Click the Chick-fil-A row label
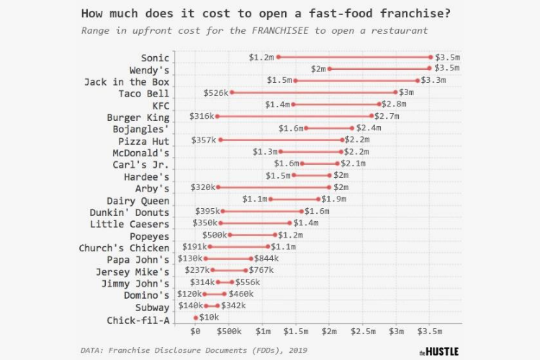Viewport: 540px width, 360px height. pyautogui.click(x=138, y=320)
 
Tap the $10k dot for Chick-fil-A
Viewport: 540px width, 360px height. pyautogui.click(x=196, y=318)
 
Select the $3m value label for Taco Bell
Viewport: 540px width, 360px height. pyautogui.click(x=406, y=93)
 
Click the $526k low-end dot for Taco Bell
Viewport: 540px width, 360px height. pyautogui.click(x=231, y=92)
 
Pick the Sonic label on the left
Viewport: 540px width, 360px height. pyautogui.click(x=155, y=58)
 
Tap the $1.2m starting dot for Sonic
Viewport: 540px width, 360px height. pyautogui.click(x=278, y=57)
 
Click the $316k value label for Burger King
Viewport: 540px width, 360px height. pyautogui.click(x=202, y=116)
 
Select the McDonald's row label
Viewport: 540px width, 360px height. pyautogui.click(x=140, y=153)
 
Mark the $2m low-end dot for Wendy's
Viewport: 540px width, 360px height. pyautogui.click(x=330, y=69)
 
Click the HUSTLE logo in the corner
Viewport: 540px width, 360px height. pyautogui.click(x=438, y=351)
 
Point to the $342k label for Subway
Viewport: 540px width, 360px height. pyautogui.click(x=233, y=306)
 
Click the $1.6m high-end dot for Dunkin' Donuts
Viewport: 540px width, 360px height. pyautogui.click(x=302, y=211)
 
